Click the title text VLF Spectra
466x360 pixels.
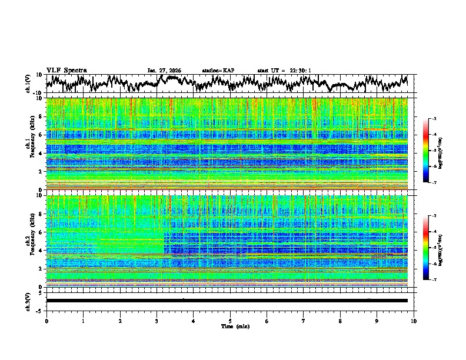point(66,71)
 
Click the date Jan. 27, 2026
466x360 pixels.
point(164,71)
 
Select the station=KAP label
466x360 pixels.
point(218,71)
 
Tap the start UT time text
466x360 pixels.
point(284,71)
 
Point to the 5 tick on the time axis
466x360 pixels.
point(230,321)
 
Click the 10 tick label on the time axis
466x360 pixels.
point(414,321)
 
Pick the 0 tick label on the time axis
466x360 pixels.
point(46,321)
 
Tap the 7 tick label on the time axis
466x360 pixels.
point(304,321)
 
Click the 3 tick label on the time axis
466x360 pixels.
point(157,321)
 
